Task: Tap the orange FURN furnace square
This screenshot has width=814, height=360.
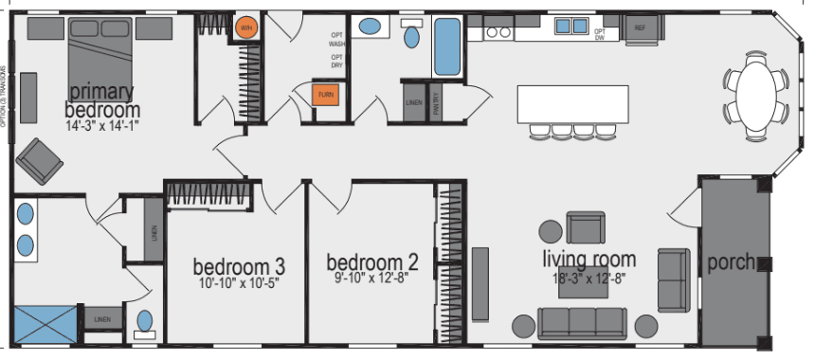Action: (x=326, y=96)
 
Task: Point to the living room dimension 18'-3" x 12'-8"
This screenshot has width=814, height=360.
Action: (x=588, y=279)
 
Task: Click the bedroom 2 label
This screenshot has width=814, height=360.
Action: (x=372, y=262)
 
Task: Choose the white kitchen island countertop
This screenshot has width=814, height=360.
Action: (x=572, y=103)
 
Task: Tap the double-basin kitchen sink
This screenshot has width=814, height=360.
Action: (x=570, y=27)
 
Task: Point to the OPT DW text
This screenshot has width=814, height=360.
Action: (x=600, y=35)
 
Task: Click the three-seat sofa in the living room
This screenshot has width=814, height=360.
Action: (x=574, y=323)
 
